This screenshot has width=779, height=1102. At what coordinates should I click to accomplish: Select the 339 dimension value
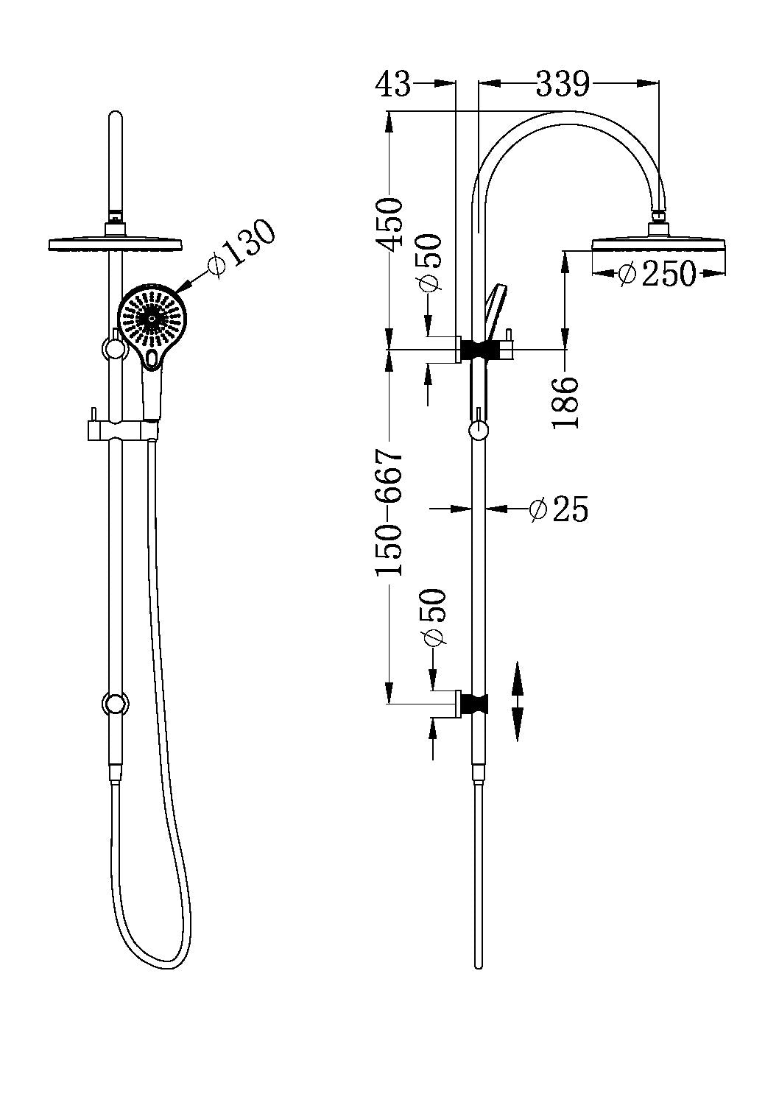pos(563,84)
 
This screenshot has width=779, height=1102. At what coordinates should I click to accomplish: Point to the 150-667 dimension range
pos(389,512)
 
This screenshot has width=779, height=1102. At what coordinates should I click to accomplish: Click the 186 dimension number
pos(566,402)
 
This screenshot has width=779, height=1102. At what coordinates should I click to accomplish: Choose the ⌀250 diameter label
pos(657,274)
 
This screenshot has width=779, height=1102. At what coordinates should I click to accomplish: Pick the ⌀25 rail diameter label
pos(560,509)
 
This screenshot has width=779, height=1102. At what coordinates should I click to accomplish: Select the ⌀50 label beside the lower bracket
pos(433,618)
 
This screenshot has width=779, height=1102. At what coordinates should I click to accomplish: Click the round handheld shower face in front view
pos(152,318)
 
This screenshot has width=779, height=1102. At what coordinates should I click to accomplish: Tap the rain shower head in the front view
pos(115,242)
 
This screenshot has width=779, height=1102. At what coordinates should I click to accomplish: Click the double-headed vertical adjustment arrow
pos(517,701)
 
